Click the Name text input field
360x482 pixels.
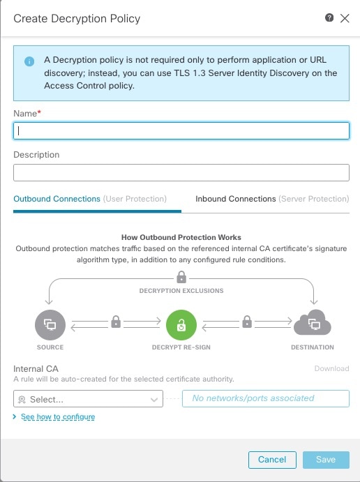[x=181, y=130]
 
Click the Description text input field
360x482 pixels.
[x=181, y=172]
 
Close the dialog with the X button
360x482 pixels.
[x=345, y=19]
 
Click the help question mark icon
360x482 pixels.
[x=329, y=18]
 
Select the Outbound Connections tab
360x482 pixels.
[x=90, y=199]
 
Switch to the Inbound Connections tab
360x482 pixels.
[x=271, y=199]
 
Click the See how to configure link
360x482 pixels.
[x=57, y=416]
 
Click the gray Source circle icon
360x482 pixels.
[x=50, y=324]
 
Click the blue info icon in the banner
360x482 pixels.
[x=29, y=61]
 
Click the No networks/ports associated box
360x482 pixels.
[x=265, y=398]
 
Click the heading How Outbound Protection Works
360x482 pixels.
[x=181, y=237]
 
